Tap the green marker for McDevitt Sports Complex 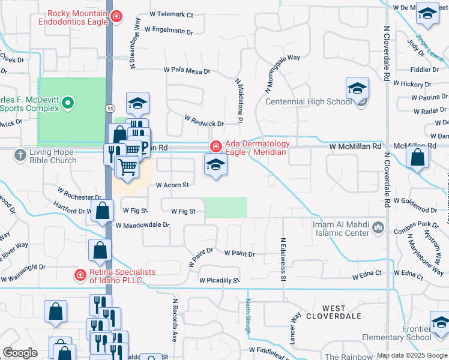68,103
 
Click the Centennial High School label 309,101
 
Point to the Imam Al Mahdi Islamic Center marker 378,227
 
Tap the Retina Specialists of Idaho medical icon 79,275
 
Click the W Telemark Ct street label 171,14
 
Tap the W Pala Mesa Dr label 187,71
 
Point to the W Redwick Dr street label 204,122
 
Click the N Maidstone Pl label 238,101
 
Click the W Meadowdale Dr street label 143,226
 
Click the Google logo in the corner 20,353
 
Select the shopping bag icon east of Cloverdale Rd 417,158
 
